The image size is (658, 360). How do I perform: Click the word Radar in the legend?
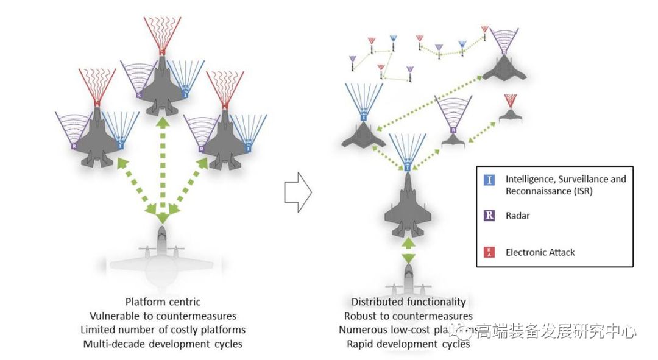pyautogui.click(x=518, y=216)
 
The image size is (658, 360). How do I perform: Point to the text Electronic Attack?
pyautogui.click(x=540, y=252)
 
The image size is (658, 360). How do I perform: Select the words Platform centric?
pyautogui.click(x=163, y=302)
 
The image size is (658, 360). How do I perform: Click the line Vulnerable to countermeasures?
pyautogui.click(x=163, y=316)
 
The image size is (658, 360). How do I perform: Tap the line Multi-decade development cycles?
pyautogui.click(x=163, y=344)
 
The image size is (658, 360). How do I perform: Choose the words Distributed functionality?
pyautogui.click(x=408, y=302)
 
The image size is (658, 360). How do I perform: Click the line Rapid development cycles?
pyautogui.click(x=408, y=344)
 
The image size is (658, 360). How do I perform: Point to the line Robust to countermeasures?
pyautogui.click(x=408, y=316)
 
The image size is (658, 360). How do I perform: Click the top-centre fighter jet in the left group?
pyautogui.click(x=162, y=88)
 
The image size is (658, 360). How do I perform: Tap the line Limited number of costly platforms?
pyautogui.click(x=163, y=330)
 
